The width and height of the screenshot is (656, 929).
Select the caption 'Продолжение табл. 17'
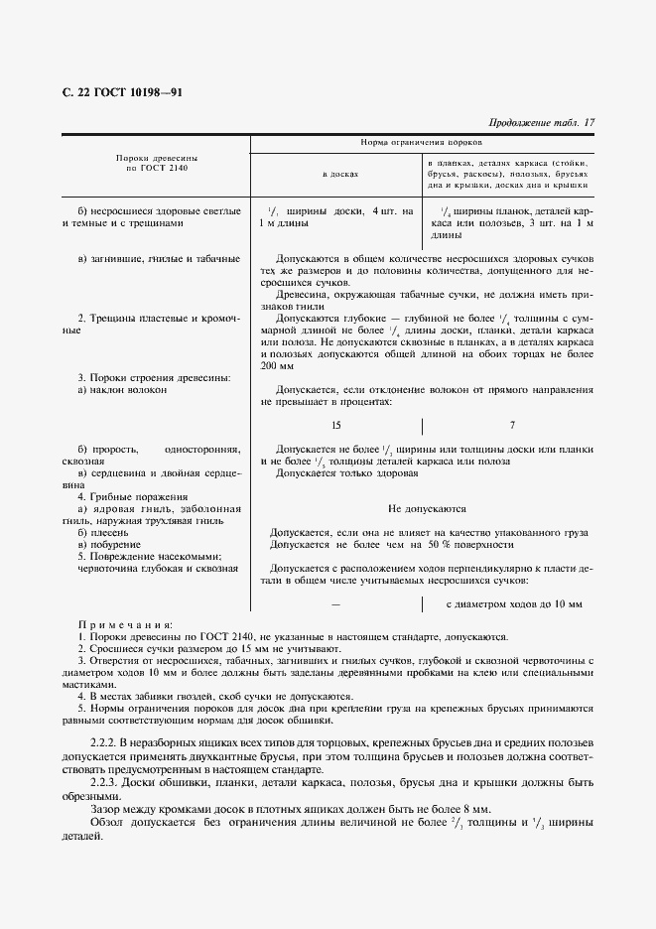click(542, 123)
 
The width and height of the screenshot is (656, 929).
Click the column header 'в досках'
click(339, 174)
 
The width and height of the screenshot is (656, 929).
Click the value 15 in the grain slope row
click(336, 425)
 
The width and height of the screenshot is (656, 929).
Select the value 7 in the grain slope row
click(512, 425)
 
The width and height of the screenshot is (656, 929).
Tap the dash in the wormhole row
click(336, 603)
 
